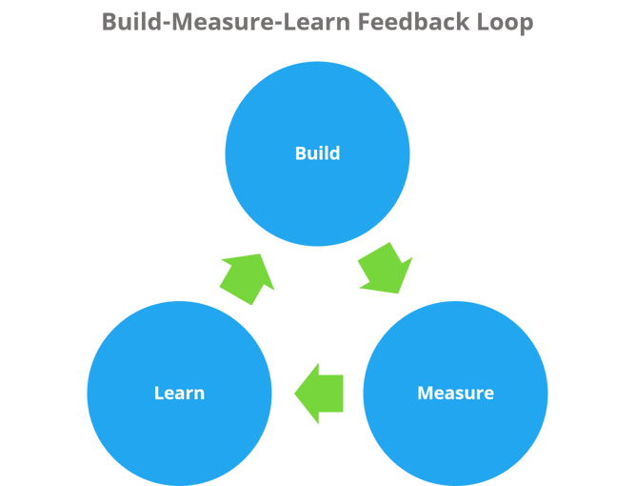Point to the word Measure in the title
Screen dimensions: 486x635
click(211, 21)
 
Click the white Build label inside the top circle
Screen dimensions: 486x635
click(317, 153)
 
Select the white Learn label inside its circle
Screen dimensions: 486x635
click(179, 393)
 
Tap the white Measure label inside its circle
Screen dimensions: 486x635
click(455, 393)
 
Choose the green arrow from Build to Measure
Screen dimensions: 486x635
click(385, 268)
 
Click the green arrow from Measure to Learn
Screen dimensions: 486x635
click(320, 393)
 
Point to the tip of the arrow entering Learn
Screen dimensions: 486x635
click(296, 393)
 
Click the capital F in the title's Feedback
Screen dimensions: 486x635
click(367, 21)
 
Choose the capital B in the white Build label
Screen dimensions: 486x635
click(300, 153)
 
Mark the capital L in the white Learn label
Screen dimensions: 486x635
click(158, 393)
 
